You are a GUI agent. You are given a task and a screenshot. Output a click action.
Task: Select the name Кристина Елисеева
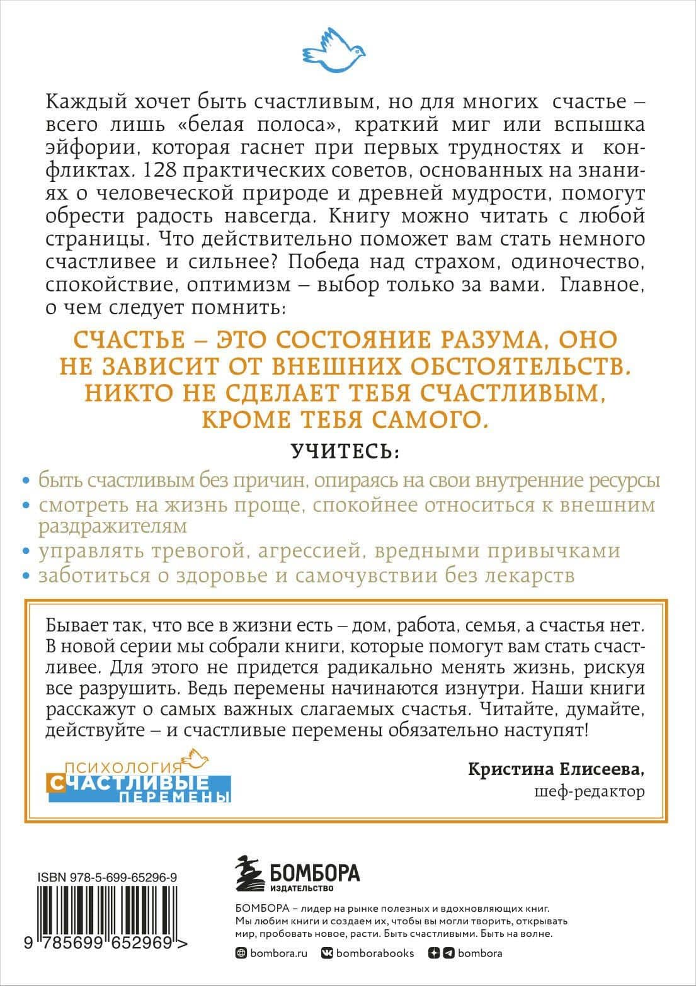click(557, 769)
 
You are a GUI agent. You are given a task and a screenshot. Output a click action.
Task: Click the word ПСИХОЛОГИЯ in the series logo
click(115, 768)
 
